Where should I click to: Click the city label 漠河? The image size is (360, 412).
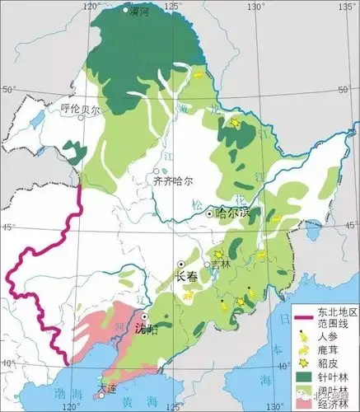point(140,12)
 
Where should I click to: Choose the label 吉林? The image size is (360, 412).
point(221,265)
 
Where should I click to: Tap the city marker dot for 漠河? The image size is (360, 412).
point(125,11)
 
